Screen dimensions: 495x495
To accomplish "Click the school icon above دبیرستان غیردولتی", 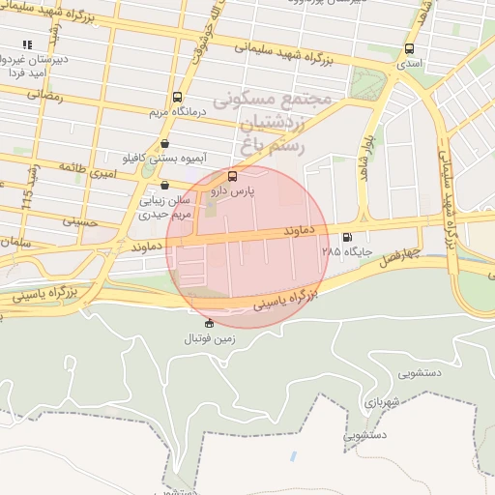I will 28,44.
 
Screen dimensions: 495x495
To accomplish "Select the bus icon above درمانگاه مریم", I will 176,97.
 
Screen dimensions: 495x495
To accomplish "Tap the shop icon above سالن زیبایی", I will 164,185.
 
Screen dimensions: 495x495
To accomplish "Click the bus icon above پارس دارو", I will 231,176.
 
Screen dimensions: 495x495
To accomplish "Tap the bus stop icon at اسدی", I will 409,48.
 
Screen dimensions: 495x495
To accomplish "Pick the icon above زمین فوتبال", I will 210,323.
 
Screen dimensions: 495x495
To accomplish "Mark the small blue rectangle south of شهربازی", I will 294,454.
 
